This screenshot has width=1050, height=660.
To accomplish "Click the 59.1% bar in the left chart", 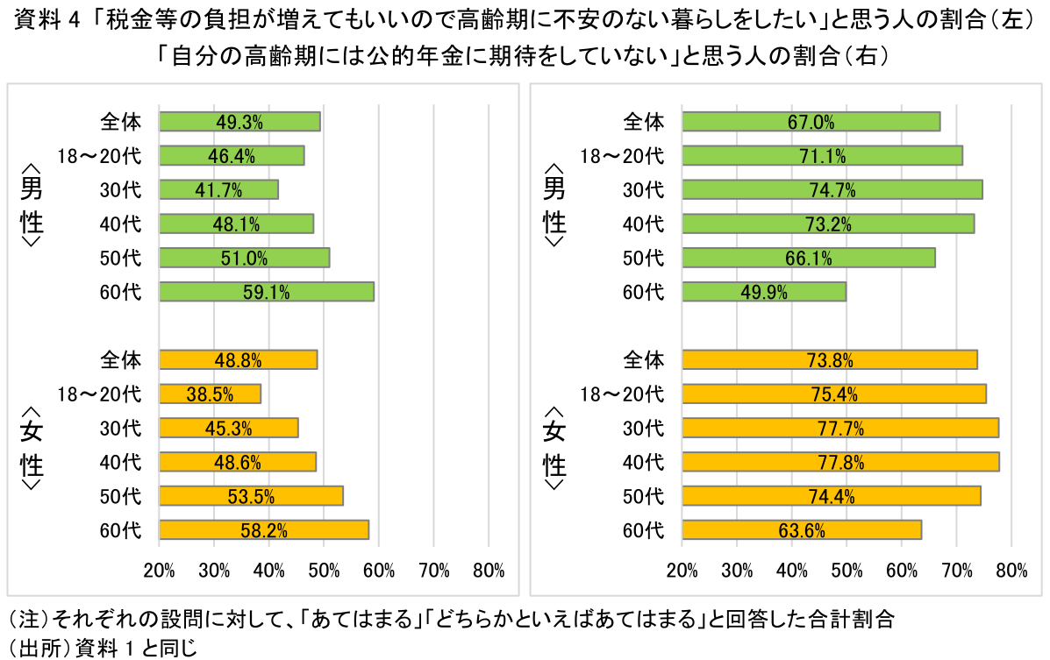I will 267,292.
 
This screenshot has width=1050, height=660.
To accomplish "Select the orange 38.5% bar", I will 210,394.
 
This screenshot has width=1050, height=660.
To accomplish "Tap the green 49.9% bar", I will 764,292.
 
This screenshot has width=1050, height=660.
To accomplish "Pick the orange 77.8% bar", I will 840,462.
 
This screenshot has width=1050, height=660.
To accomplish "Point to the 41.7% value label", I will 219,190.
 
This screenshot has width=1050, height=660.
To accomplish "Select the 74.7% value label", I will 832,190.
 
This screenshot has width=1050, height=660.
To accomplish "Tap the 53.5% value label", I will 251,496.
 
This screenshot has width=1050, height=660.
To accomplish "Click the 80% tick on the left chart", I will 489,571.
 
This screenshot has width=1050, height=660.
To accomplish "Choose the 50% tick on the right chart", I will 846,571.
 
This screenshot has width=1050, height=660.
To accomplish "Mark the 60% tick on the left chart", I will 379,571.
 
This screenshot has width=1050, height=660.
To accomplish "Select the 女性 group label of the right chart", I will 554,446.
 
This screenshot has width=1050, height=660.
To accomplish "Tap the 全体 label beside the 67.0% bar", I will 644,121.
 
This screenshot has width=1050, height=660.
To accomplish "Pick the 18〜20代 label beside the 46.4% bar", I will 99,156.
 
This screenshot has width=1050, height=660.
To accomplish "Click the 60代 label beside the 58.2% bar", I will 121,530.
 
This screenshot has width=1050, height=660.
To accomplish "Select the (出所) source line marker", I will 39,648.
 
